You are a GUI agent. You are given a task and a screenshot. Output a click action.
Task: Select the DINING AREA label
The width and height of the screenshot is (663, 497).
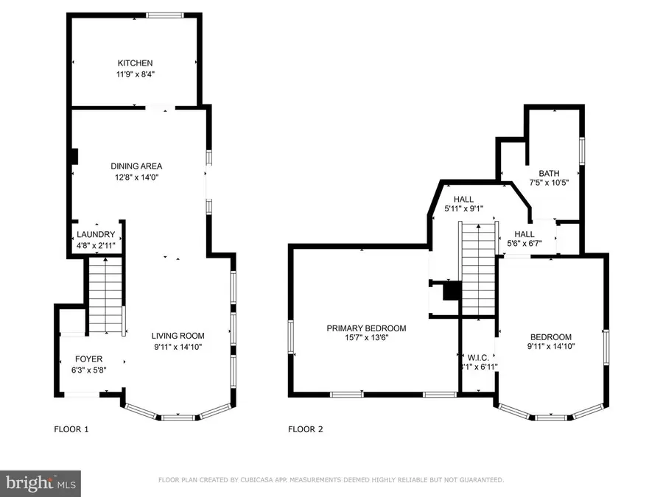136,166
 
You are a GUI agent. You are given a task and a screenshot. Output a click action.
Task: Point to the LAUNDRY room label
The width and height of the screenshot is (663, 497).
96,234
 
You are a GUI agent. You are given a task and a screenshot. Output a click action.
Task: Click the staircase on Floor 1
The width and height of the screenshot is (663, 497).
105,295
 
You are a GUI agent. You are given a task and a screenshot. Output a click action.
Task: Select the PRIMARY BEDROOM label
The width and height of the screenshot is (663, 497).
366,328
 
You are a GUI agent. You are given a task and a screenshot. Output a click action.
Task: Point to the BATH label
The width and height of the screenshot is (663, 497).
550,173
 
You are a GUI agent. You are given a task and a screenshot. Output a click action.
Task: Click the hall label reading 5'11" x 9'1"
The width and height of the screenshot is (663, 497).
463,209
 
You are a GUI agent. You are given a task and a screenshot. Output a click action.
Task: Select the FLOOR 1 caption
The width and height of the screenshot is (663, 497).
71,429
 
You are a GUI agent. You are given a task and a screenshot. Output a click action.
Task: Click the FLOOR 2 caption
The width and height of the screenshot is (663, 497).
305,429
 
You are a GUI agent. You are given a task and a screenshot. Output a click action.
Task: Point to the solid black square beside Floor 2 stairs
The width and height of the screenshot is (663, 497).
451,293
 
